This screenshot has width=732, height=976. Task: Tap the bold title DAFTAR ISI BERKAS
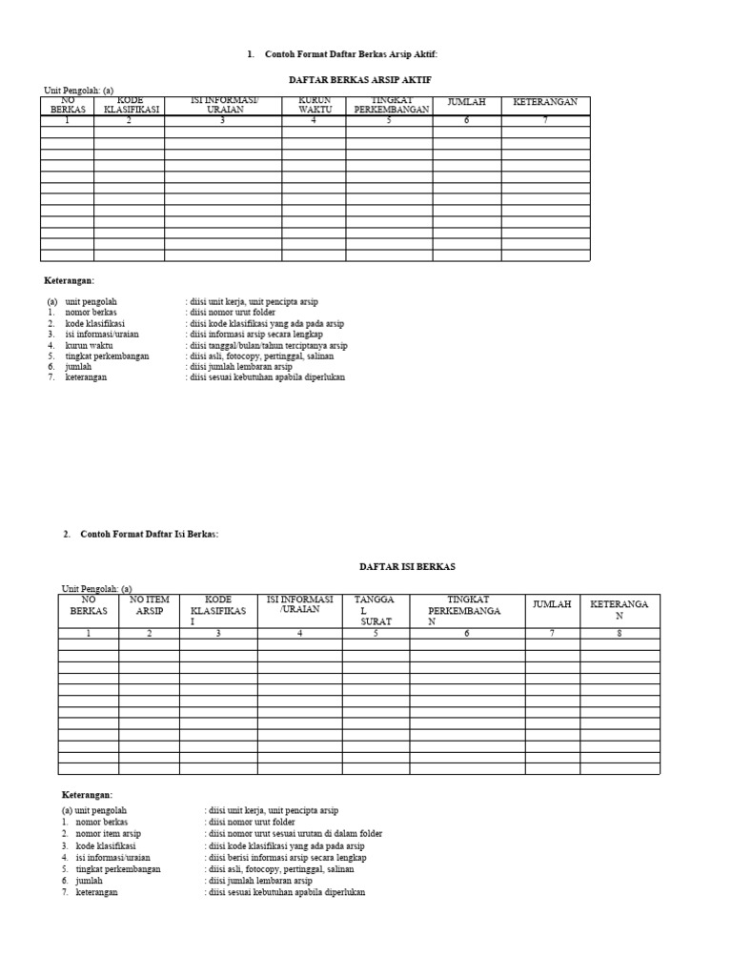pos(407,566)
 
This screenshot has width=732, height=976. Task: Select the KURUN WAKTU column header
pos(313,105)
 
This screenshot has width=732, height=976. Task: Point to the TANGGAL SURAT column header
pos(376,610)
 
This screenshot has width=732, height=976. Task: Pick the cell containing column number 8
pos(620,633)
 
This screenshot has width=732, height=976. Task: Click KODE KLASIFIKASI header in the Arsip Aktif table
pos(129,105)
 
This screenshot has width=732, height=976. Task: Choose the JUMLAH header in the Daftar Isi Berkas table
pos(551,604)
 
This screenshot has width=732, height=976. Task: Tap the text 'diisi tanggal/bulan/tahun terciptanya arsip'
pos(268,345)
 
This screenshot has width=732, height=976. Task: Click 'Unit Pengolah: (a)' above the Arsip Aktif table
pos(79,91)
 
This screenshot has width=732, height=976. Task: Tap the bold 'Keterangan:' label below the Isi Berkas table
pos(88,794)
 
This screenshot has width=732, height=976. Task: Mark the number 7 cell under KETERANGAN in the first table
pos(545,121)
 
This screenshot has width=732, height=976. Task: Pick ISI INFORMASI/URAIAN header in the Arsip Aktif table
pos(223,105)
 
